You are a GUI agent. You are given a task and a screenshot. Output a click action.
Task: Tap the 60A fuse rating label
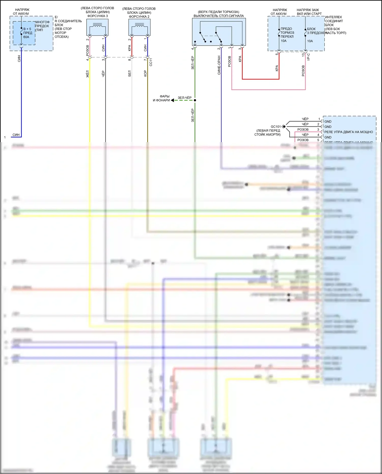[x=26, y=37]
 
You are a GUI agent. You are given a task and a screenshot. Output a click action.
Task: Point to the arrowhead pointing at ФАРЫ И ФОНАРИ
[x=172, y=100]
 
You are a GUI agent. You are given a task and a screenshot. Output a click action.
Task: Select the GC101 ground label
[x=276, y=127]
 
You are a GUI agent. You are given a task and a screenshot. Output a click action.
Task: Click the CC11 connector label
[x=151, y=62]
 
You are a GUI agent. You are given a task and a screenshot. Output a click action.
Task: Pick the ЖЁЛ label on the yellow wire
[x=87, y=74]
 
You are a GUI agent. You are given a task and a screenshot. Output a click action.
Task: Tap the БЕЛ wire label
[x=129, y=74]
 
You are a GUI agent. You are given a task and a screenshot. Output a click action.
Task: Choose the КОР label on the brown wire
[x=145, y=74]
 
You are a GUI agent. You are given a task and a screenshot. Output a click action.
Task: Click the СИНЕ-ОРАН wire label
[x=219, y=65]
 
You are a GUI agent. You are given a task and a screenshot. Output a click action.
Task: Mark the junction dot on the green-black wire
[x=195, y=100]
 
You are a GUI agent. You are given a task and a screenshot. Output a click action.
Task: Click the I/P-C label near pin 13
[x=308, y=57]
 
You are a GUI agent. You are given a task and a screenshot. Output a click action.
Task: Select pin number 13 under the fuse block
[x=303, y=55]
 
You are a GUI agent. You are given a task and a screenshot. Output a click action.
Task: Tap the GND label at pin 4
[x=328, y=137]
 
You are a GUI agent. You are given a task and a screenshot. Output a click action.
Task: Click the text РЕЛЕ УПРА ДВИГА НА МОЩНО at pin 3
[x=348, y=132]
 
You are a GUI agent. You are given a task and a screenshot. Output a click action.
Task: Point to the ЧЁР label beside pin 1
[x=305, y=119]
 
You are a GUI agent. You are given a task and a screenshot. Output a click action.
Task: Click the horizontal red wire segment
[x=261, y=79]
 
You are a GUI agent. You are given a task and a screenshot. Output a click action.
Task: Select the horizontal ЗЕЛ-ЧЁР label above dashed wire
[x=184, y=98]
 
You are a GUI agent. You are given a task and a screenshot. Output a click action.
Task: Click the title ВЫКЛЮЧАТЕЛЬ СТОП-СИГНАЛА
[x=219, y=16]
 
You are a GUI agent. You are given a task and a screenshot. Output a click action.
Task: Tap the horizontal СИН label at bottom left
[x=16, y=135]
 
